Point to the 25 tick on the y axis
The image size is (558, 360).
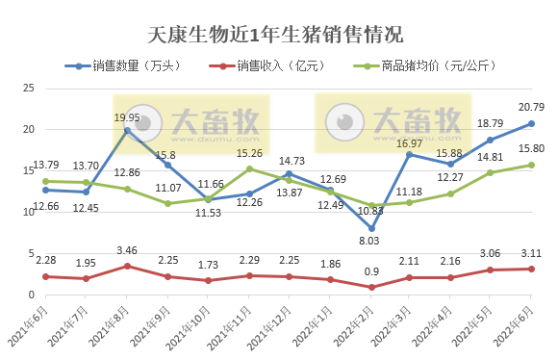tap(29, 89)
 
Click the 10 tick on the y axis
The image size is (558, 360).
tap(29, 213)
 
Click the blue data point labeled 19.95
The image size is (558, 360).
tap(127, 130)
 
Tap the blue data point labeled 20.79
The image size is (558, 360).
tap(531, 123)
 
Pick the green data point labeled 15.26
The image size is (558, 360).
tap(249, 168)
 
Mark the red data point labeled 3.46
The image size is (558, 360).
tap(127, 267)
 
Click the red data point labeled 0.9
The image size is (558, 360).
tap(369, 287)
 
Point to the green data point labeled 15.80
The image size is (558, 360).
tap(531, 165)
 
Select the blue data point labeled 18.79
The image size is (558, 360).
tap(491, 140)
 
